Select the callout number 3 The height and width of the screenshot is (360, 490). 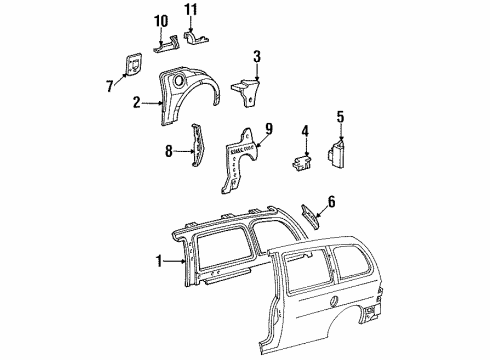click(x=257, y=56)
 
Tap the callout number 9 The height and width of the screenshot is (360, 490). click(x=268, y=127)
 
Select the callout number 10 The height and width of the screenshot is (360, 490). click(x=162, y=21)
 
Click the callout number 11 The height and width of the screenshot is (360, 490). click(x=191, y=13)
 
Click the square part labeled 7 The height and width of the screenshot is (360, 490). click(x=130, y=63)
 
